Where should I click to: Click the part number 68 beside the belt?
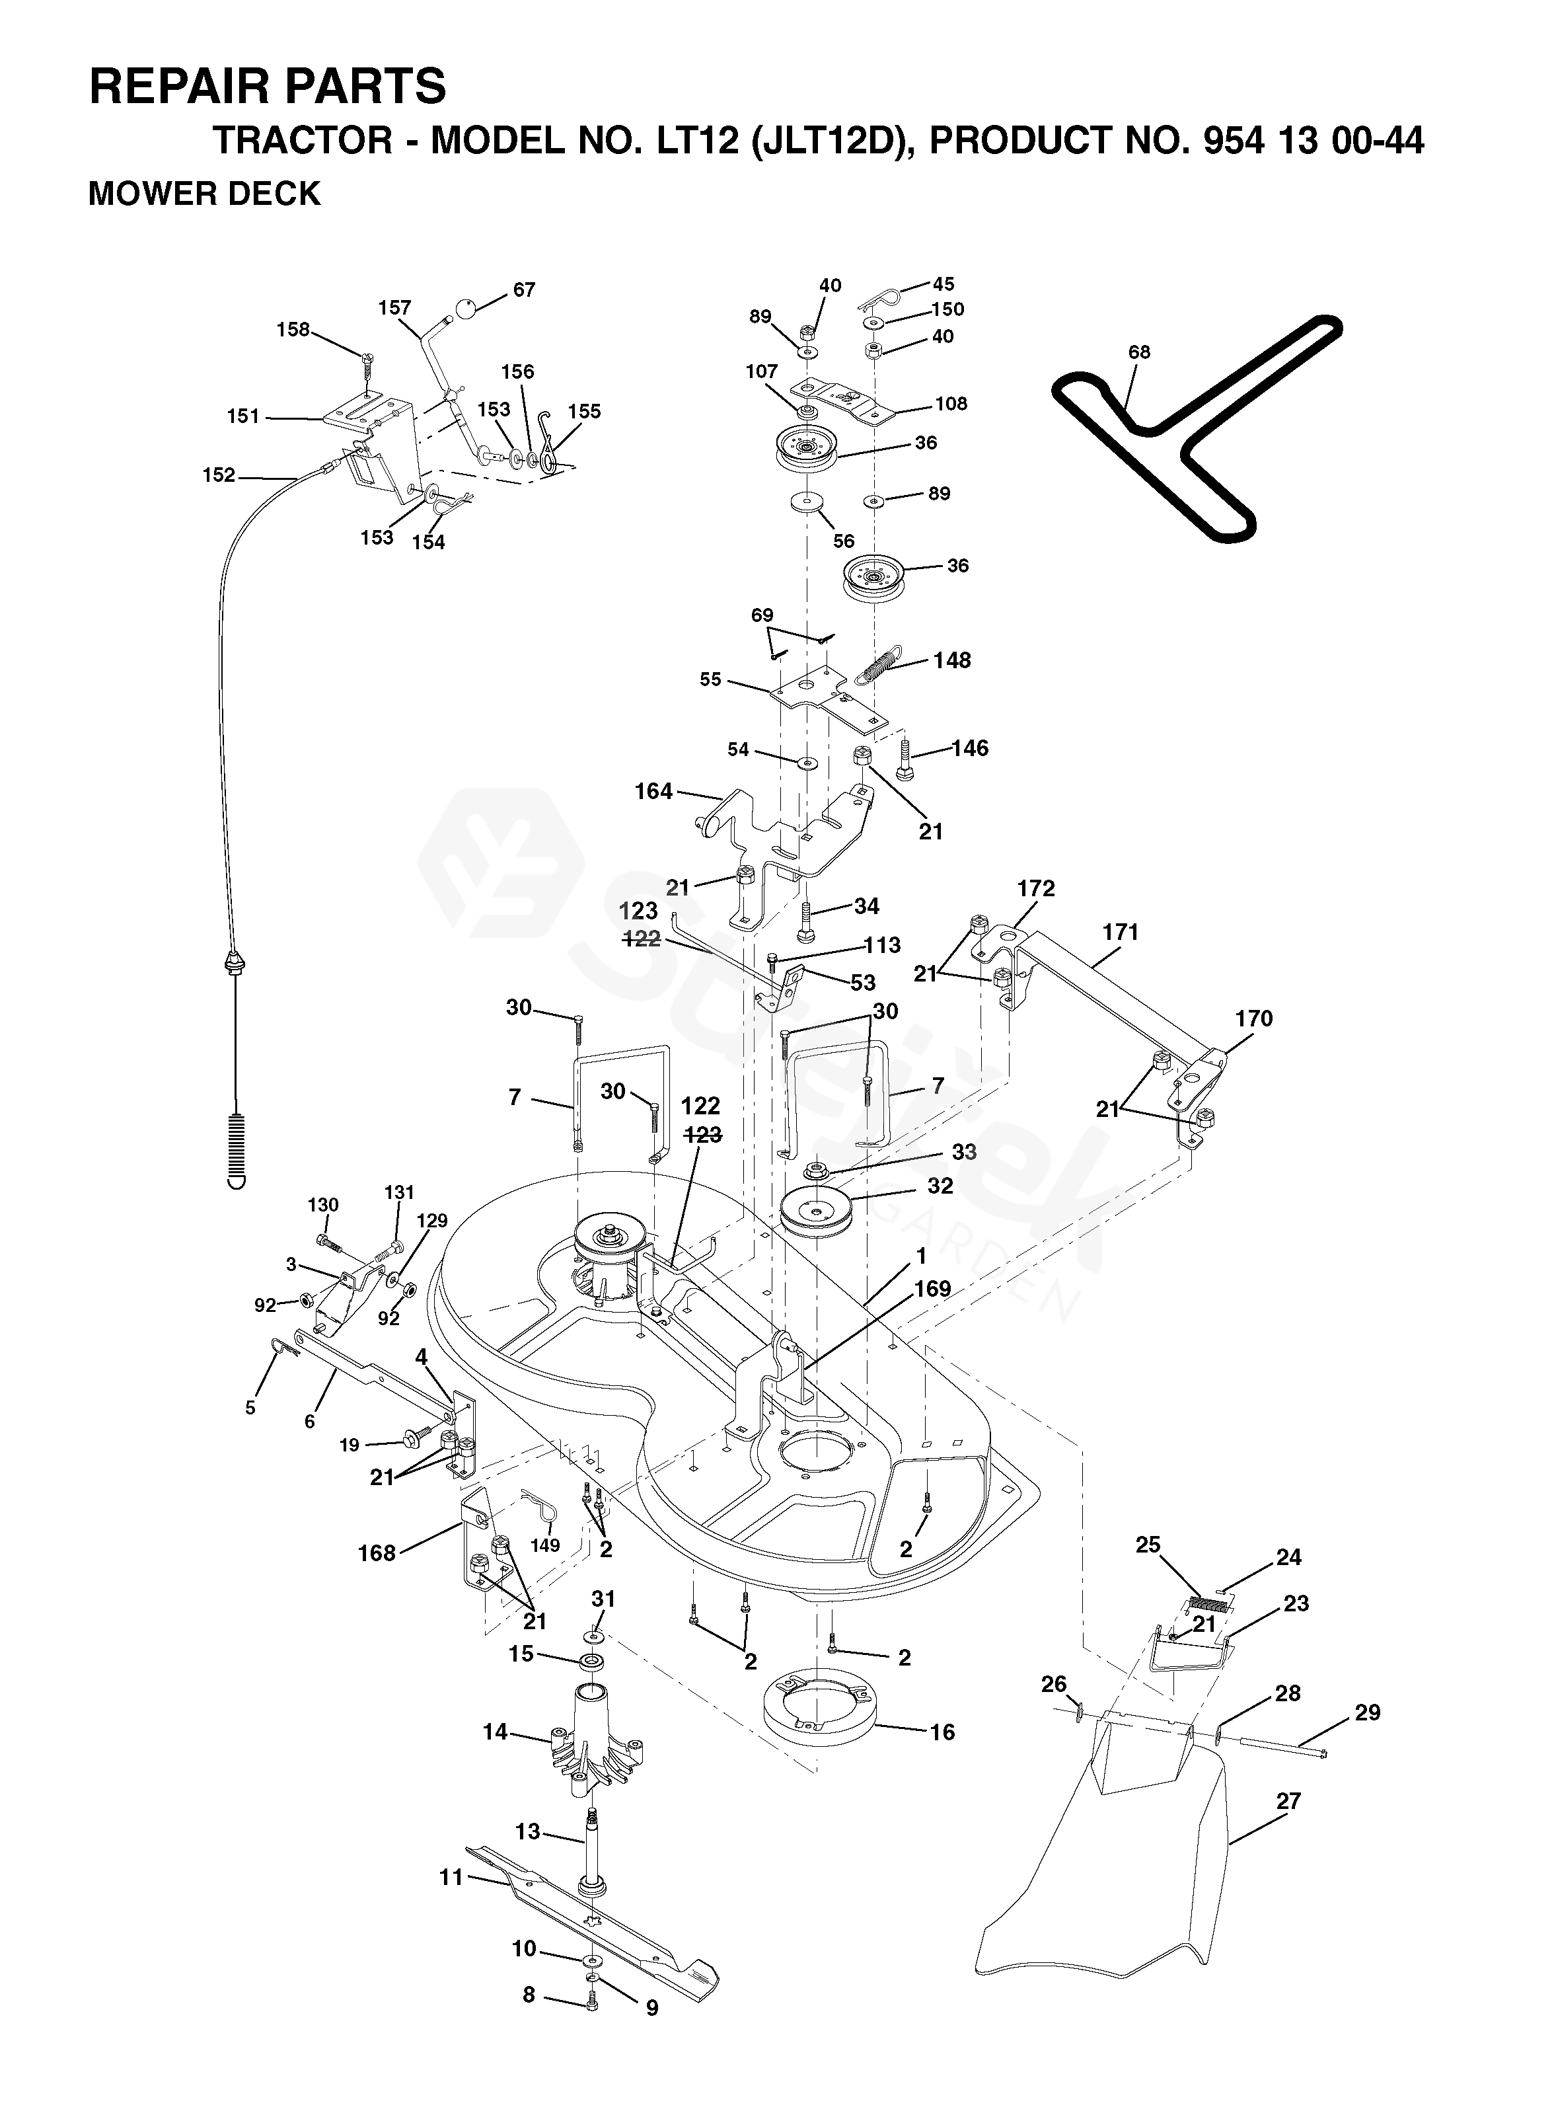pos(1138,352)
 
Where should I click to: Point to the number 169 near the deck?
pos(932,1288)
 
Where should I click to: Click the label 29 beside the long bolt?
pos(1367,1712)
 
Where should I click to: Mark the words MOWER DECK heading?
pos(204,194)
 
